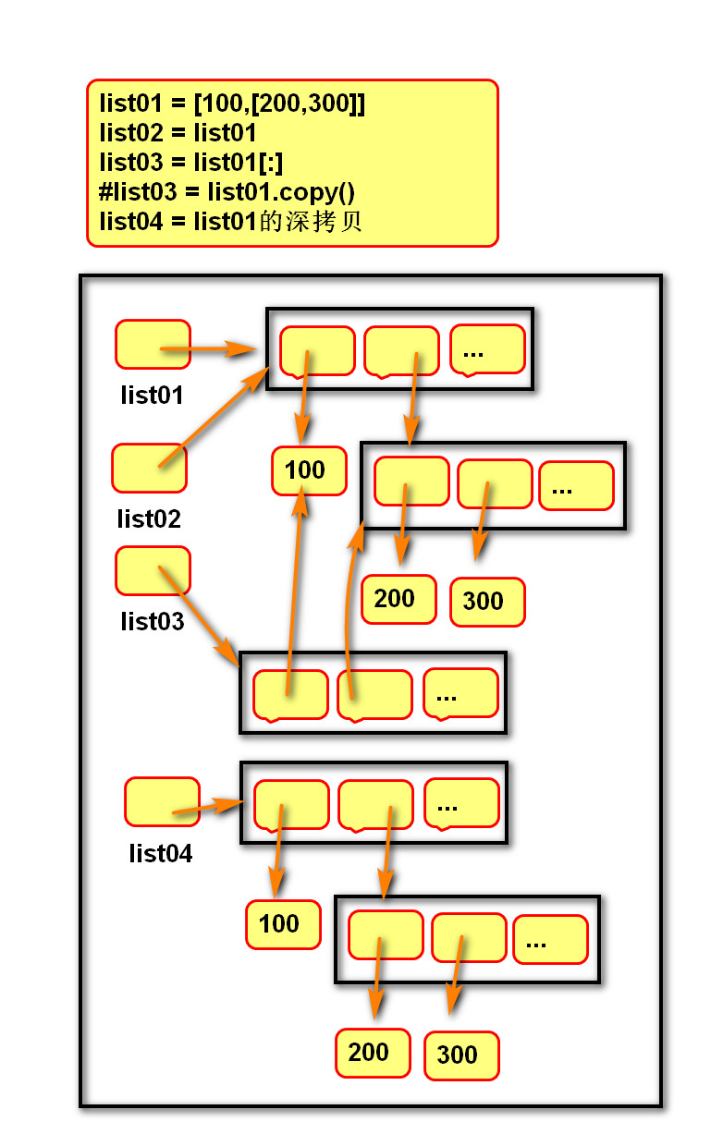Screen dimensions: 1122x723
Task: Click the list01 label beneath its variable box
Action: tap(152, 396)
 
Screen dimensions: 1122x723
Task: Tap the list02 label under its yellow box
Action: tap(149, 518)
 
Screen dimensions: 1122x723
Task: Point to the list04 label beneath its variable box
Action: tap(161, 853)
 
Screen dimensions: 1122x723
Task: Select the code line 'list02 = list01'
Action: tap(178, 132)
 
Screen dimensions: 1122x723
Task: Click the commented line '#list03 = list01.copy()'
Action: tap(227, 192)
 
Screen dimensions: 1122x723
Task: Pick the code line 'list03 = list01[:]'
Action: tap(190, 163)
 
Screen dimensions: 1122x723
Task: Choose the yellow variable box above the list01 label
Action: tap(153, 344)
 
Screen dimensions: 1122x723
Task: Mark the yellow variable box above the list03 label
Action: tap(153, 570)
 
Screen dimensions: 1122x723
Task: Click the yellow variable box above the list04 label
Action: tap(162, 801)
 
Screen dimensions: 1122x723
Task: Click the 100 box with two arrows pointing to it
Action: tap(309, 470)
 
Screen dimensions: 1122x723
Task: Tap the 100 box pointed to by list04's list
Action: tap(283, 923)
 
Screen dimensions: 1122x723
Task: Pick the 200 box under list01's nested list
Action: tap(398, 598)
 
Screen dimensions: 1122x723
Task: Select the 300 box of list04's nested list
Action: tap(461, 1055)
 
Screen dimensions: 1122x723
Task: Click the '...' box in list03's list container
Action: tap(460, 693)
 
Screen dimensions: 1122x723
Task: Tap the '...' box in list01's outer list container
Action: tap(487, 349)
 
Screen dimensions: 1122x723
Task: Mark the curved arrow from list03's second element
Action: tap(349, 601)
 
